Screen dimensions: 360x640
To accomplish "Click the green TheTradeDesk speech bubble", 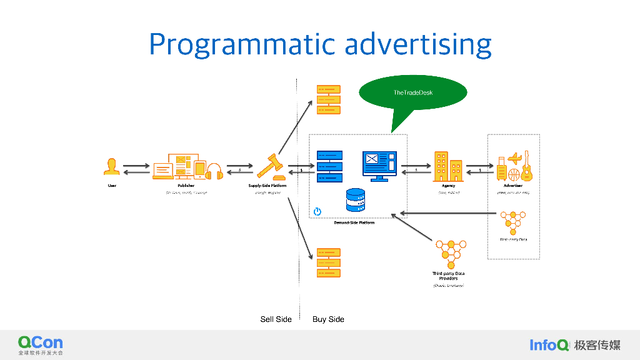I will pos(412,93).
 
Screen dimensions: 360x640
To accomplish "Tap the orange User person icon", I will pos(112,167).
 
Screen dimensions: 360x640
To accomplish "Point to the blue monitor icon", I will pos(379,166).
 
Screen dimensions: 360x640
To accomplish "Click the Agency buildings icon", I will pos(448,167).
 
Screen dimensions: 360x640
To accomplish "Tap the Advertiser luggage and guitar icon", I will pos(514,166).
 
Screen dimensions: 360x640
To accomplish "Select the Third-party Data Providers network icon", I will pos(451,254).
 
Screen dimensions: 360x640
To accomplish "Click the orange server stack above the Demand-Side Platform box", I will pos(328,100).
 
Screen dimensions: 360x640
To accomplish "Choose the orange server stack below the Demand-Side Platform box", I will pos(328,262).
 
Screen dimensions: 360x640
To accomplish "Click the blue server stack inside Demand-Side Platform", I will pos(329,166).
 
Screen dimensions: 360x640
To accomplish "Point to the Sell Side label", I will pos(276,319).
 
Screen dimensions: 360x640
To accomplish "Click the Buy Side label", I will pos(328,319).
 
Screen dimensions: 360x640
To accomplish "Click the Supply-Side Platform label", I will pos(267,186).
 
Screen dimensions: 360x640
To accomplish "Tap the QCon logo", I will pos(40,344).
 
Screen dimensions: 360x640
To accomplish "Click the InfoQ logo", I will pos(549,345).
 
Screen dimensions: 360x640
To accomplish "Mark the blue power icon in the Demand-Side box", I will pos(317,211).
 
